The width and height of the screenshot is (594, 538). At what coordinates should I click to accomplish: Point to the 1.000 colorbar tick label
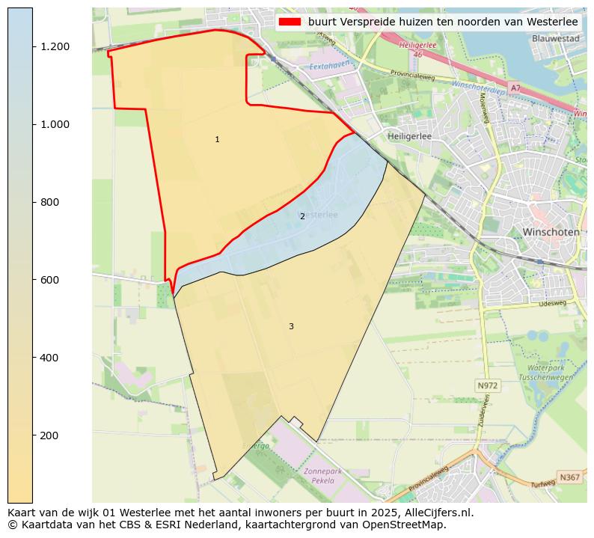pos(55,124)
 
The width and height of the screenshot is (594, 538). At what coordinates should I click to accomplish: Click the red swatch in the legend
pos(290,22)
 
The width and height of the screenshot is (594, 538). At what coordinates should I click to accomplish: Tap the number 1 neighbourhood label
pos(217,140)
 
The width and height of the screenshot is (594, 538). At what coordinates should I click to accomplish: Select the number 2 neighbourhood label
pos(302,216)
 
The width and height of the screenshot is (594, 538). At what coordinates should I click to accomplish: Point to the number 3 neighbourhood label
pos(291,326)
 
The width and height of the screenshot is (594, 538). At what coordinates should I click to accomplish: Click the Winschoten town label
pos(551,232)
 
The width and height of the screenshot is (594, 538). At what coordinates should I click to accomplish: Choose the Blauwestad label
pos(556,38)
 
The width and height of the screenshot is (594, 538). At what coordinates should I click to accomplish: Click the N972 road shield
pos(487,385)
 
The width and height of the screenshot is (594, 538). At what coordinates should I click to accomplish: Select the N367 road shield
pos(569,477)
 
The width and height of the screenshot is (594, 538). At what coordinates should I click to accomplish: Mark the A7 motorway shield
pos(515,88)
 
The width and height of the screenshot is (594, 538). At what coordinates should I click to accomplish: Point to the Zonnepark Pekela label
pos(328,476)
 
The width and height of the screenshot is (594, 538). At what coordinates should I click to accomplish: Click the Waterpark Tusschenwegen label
pos(551,373)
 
